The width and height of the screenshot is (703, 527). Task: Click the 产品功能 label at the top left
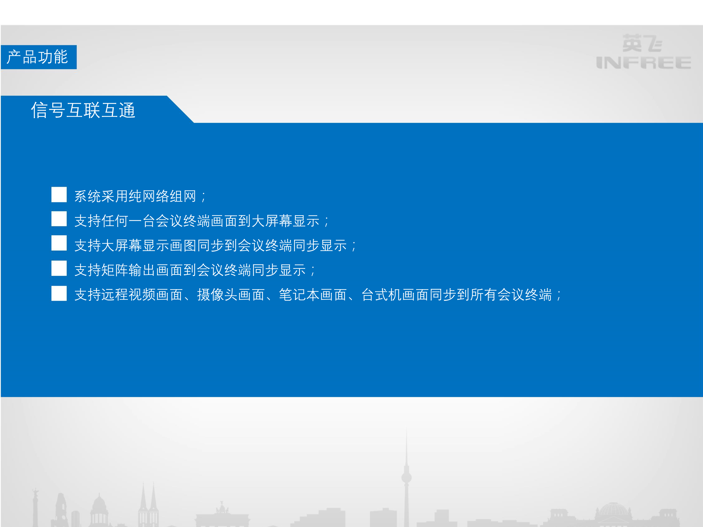(x=37, y=57)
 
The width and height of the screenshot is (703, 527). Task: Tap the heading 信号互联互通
(x=83, y=110)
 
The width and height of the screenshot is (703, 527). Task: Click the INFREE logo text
(x=643, y=63)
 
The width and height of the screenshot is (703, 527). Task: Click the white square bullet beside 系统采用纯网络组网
(x=59, y=194)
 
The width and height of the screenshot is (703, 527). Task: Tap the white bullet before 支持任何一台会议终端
(x=59, y=219)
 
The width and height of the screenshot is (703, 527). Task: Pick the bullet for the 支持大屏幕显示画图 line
(x=59, y=243)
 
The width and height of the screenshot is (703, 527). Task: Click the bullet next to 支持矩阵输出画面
(x=59, y=268)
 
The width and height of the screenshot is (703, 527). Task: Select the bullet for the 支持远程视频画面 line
(x=59, y=293)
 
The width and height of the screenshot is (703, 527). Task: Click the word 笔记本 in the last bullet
(x=299, y=295)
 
